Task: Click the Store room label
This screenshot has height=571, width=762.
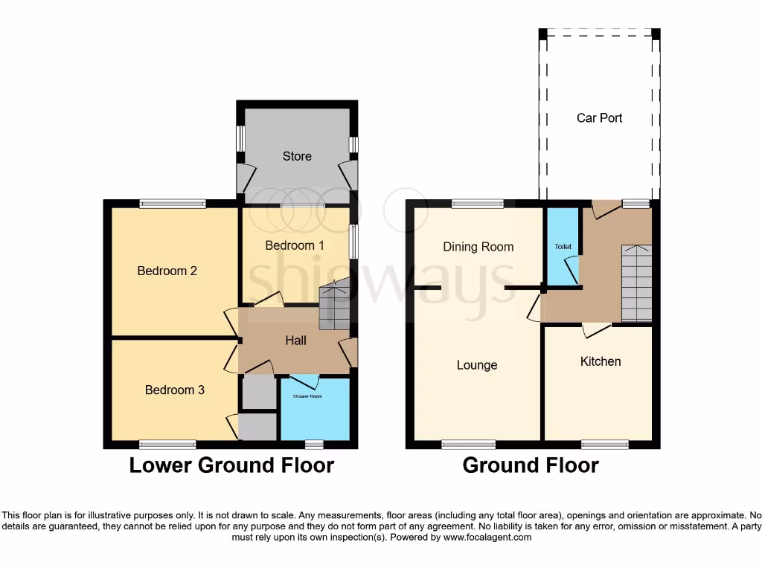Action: pos(297,156)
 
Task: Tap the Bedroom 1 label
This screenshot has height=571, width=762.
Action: pos(295,245)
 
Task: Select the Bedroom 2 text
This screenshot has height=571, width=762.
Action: pos(167,271)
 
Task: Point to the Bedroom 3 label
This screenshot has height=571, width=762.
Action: pos(174,390)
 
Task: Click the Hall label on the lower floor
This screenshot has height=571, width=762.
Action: pos(295,341)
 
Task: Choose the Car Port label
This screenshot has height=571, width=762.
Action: pos(599,117)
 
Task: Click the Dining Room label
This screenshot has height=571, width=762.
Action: pos(478,247)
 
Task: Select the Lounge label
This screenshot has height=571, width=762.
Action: pos(476,365)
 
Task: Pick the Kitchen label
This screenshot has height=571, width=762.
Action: pos(600,361)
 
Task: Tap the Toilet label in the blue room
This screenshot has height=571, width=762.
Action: pos(562,246)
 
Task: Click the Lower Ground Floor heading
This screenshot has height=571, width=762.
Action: pos(231,465)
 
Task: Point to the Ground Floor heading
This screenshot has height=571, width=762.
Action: pos(531,465)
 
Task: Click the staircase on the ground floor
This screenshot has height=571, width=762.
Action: pos(636,283)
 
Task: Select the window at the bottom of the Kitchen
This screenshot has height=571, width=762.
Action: pos(604,445)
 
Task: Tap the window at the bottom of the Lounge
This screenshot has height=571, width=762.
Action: pos(468,445)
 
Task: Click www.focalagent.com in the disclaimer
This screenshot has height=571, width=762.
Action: pos(488,537)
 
